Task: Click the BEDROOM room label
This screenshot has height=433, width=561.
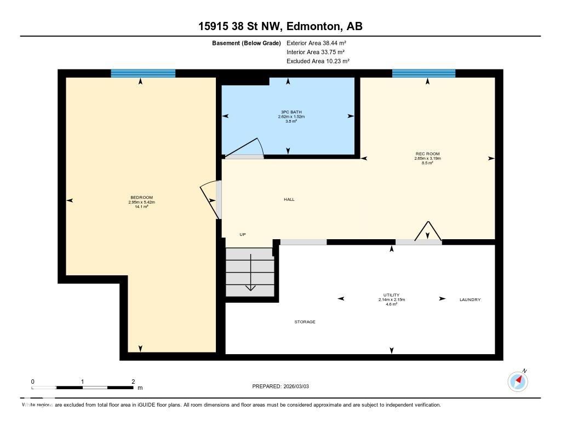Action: coord(141,198)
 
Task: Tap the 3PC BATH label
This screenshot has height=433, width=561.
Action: coord(291,112)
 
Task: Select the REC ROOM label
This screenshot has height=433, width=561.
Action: coord(427,154)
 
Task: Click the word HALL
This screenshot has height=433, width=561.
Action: coord(289,200)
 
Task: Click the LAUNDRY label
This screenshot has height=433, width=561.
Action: coord(470,299)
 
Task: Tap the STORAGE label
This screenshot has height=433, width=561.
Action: coord(305,322)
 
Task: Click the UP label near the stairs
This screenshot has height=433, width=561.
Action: coord(243,234)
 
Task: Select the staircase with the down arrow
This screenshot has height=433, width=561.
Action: coord(250,272)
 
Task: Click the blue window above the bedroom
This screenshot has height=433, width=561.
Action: coord(143,73)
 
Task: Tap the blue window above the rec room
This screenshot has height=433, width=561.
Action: coord(423,73)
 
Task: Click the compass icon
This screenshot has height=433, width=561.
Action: coord(518,381)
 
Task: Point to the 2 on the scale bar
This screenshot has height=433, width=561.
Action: coord(133,381)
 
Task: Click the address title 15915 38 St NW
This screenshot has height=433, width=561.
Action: coord(280,26)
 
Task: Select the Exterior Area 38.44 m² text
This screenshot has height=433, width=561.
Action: coord(317,43)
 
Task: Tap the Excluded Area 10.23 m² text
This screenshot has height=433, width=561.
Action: coord(318,61)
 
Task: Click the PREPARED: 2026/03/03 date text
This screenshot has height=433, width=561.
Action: coord(284,386)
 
